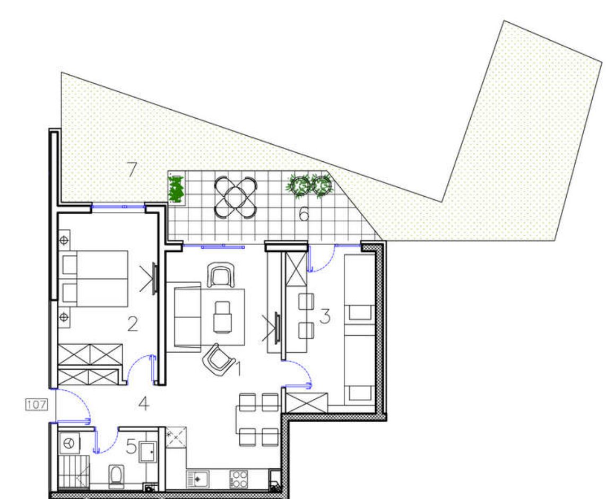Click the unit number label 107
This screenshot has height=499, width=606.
click(x=37, y=405)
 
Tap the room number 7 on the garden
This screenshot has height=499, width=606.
click(x=132, y=169)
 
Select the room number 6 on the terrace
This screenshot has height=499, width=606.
click(x=305, y=214)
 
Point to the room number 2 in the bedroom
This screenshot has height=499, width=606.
click(x=133, y=323)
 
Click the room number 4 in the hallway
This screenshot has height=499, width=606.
click(x=143, y=404)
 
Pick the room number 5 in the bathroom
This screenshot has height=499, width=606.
click(x=131, y=447)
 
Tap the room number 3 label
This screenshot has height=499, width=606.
click(x=325, y=316)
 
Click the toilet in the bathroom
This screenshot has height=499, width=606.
click(x=116, y=476)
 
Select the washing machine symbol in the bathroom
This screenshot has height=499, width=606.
click(x=70, y=443)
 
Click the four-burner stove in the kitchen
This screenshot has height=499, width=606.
click(x=239, y=479)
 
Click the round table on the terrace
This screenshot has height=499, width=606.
click(x=236, y=197)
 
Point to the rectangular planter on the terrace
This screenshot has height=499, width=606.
click(x=176, y=188)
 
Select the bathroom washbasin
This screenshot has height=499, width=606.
click(x=148, y=452)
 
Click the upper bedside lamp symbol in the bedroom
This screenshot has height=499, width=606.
click(x=64, y=240)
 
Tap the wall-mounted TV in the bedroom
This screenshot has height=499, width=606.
click(x=154, y=279)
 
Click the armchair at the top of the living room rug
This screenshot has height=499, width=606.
click(x=221, y=275)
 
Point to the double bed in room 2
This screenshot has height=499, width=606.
click(x=93, y=279)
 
